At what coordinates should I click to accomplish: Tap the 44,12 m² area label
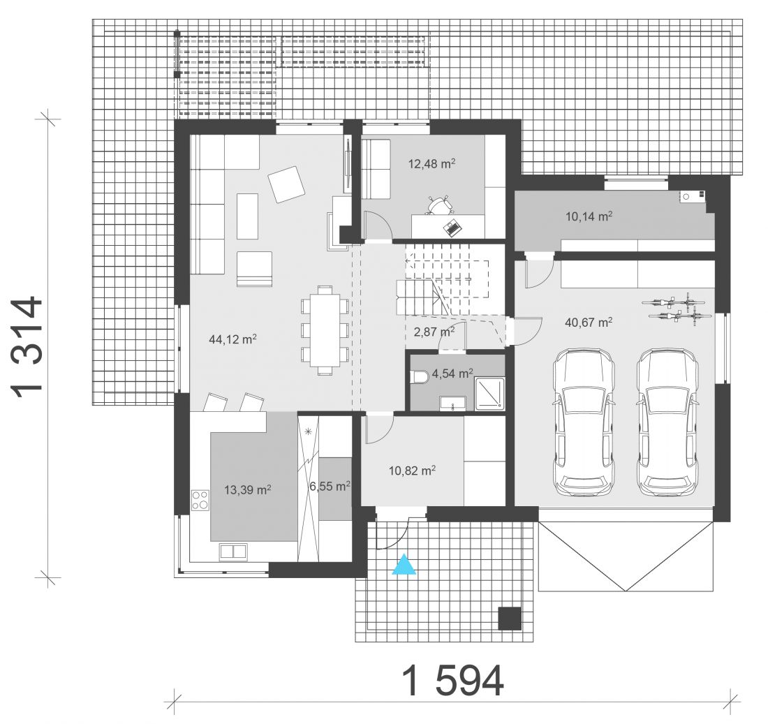(233, 339)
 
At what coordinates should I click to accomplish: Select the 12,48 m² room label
(432, 163)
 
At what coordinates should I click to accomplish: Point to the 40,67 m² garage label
(589, 323)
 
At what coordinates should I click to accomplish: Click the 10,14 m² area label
(589, 216)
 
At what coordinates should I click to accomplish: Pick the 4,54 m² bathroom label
(452, 374)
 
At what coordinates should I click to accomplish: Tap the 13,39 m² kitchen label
(248, 489)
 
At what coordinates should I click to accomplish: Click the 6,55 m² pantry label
(330, 487)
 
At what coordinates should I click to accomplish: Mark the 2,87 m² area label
(434, 332)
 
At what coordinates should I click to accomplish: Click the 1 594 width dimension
(453, 681)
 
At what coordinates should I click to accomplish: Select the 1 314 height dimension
(27, 347)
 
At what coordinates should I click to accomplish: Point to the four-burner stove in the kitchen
(200, 500)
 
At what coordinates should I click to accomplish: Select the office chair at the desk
(438, 205)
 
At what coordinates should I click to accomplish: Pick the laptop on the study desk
(452, 228)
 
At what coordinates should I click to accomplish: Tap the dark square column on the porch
(510, 618)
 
